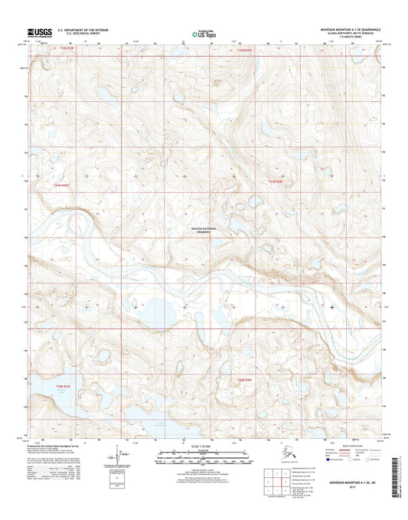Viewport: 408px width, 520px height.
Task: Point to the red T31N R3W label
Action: tap(60, 185)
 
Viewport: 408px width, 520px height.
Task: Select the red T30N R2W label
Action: tap(243, 380)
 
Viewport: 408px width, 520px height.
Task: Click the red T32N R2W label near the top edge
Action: tap(243, 51)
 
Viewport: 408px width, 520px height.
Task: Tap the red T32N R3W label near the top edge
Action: tap(68, 50)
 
